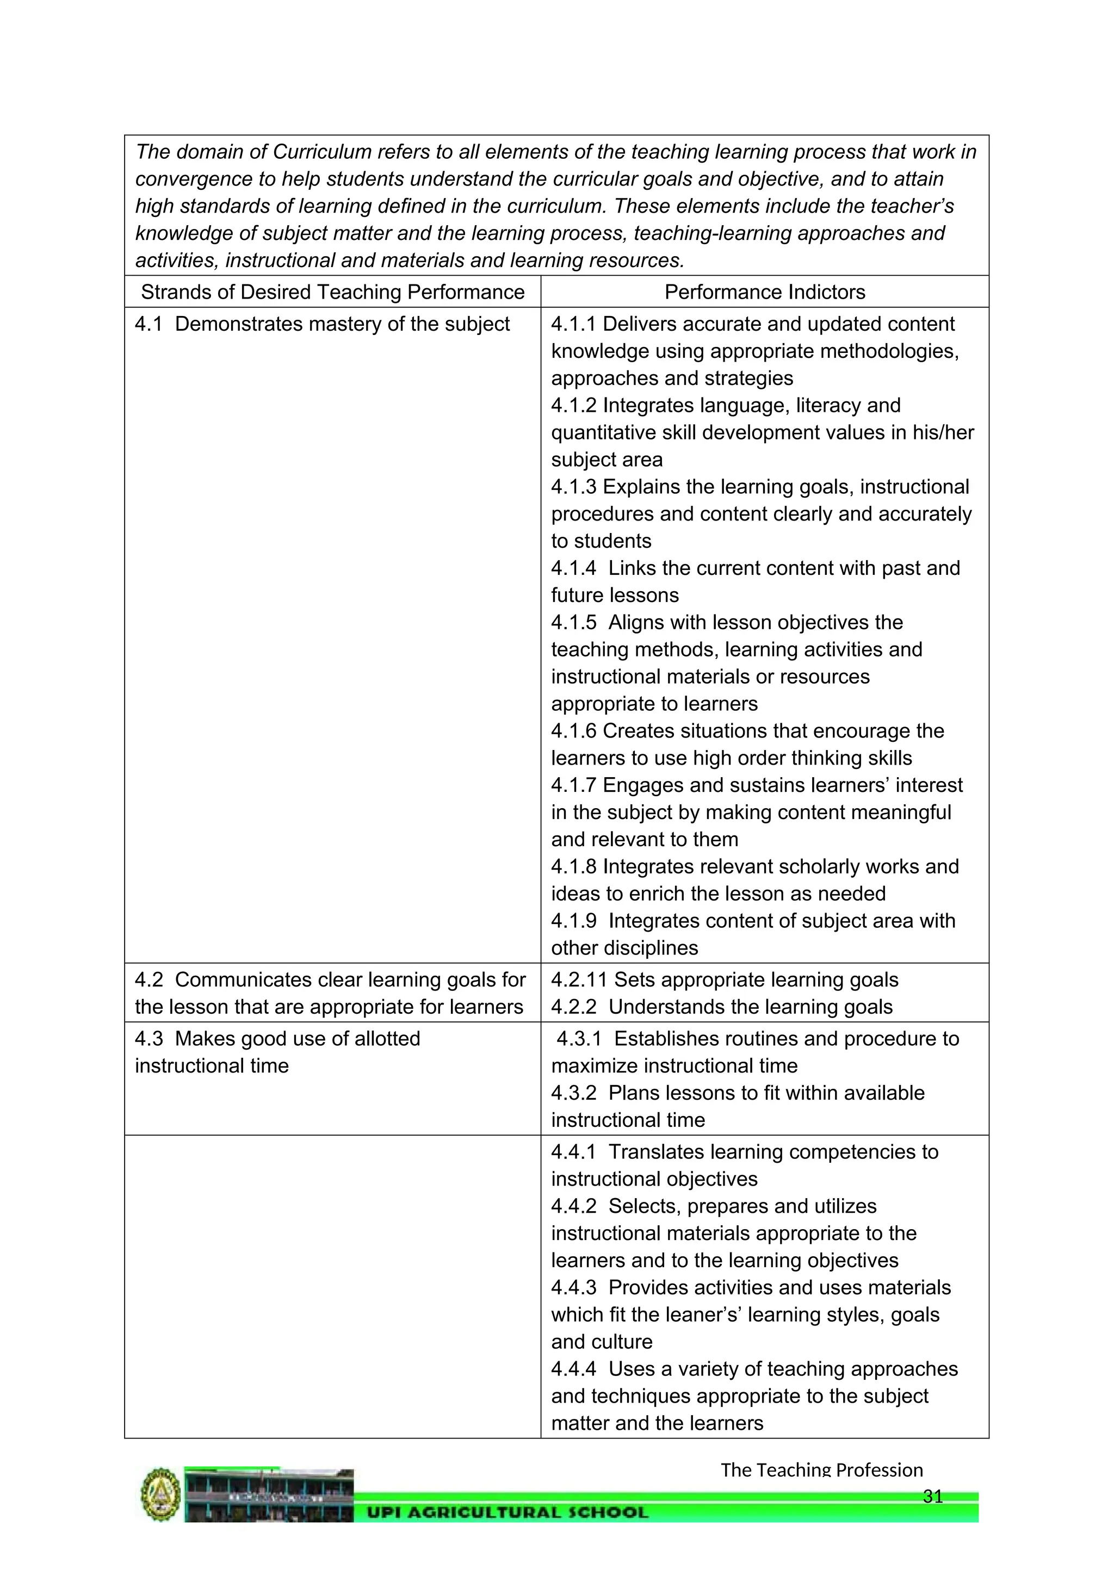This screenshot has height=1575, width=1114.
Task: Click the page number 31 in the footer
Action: [x=933, y=1496]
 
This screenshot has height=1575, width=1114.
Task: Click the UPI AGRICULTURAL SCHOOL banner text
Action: [x=507, y=1512]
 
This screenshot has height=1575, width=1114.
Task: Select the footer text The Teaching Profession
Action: [x=821, y=1470]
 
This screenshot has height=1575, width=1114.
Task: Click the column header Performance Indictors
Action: [x=764, y=292]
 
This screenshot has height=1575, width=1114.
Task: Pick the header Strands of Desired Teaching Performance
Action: [x=333, y=292]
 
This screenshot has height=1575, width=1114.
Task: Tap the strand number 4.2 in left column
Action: [x=149, y=979]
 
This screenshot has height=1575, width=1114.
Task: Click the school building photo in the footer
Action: [x=269, y=1496]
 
